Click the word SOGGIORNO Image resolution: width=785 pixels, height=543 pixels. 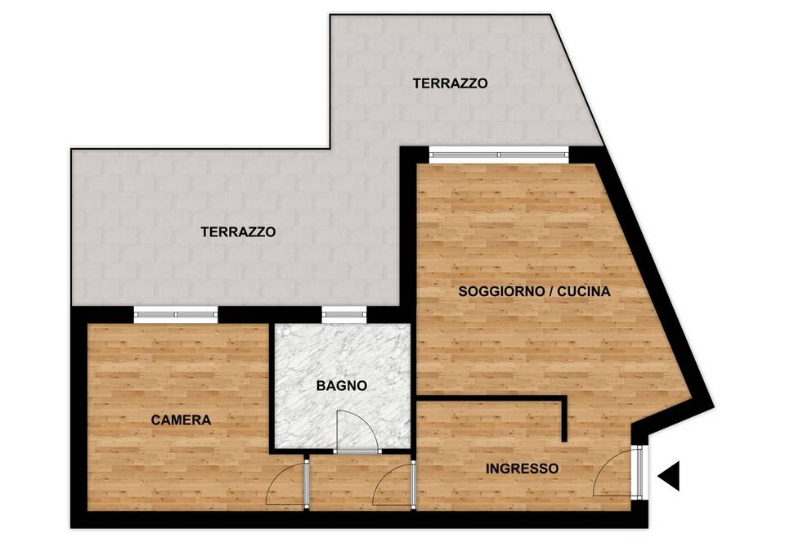pos(500,291)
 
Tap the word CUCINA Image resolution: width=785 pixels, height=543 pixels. pos(584,291)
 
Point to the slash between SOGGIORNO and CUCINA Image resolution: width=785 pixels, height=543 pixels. pos(550,291)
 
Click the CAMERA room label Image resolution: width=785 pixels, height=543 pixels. pos(181,420)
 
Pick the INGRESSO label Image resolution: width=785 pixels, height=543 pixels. pos(523,469)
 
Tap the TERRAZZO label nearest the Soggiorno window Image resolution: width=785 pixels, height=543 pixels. pos(450,83)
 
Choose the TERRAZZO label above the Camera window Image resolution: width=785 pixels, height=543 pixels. pos(238,232)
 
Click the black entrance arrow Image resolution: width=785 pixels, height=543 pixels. pos(669,475)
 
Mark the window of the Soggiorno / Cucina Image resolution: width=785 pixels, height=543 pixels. pos(499,155)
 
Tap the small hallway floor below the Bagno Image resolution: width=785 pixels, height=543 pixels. pos(361,482)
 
